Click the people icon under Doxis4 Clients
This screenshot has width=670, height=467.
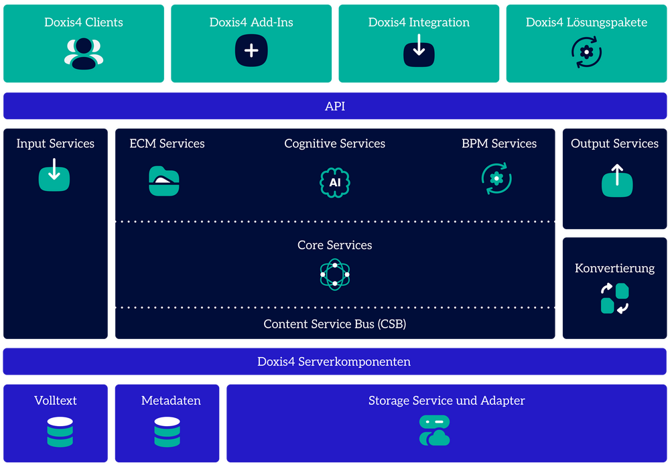coord(84,53)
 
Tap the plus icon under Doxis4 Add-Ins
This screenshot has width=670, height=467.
coord(251,51)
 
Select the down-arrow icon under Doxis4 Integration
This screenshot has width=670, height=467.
coord(419,51)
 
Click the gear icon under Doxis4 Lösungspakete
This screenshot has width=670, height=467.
coord(586,52)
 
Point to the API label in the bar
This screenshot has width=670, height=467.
coord(335,107)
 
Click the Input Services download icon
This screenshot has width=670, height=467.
coord(54,176)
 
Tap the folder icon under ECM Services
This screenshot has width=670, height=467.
coord(164,181)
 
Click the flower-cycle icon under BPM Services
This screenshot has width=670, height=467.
coord(496,179)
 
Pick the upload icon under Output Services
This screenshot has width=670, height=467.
coord(617,181)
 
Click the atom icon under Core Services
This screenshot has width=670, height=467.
coord(335,274)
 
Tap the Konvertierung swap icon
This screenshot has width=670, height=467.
coord(614,299)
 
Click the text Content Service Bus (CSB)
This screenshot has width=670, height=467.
coord(335,324)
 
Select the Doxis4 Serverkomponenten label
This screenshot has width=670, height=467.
coord(334,362)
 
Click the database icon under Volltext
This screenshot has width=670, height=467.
coord(60,432)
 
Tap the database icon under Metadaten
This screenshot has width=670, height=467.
coord(167,432)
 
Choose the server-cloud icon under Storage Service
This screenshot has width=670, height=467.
coord(434,431)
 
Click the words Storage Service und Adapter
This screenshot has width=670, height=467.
coord(446,401)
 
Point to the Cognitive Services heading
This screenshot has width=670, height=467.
coord(335,143)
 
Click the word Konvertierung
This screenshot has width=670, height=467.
coord(614,268)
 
